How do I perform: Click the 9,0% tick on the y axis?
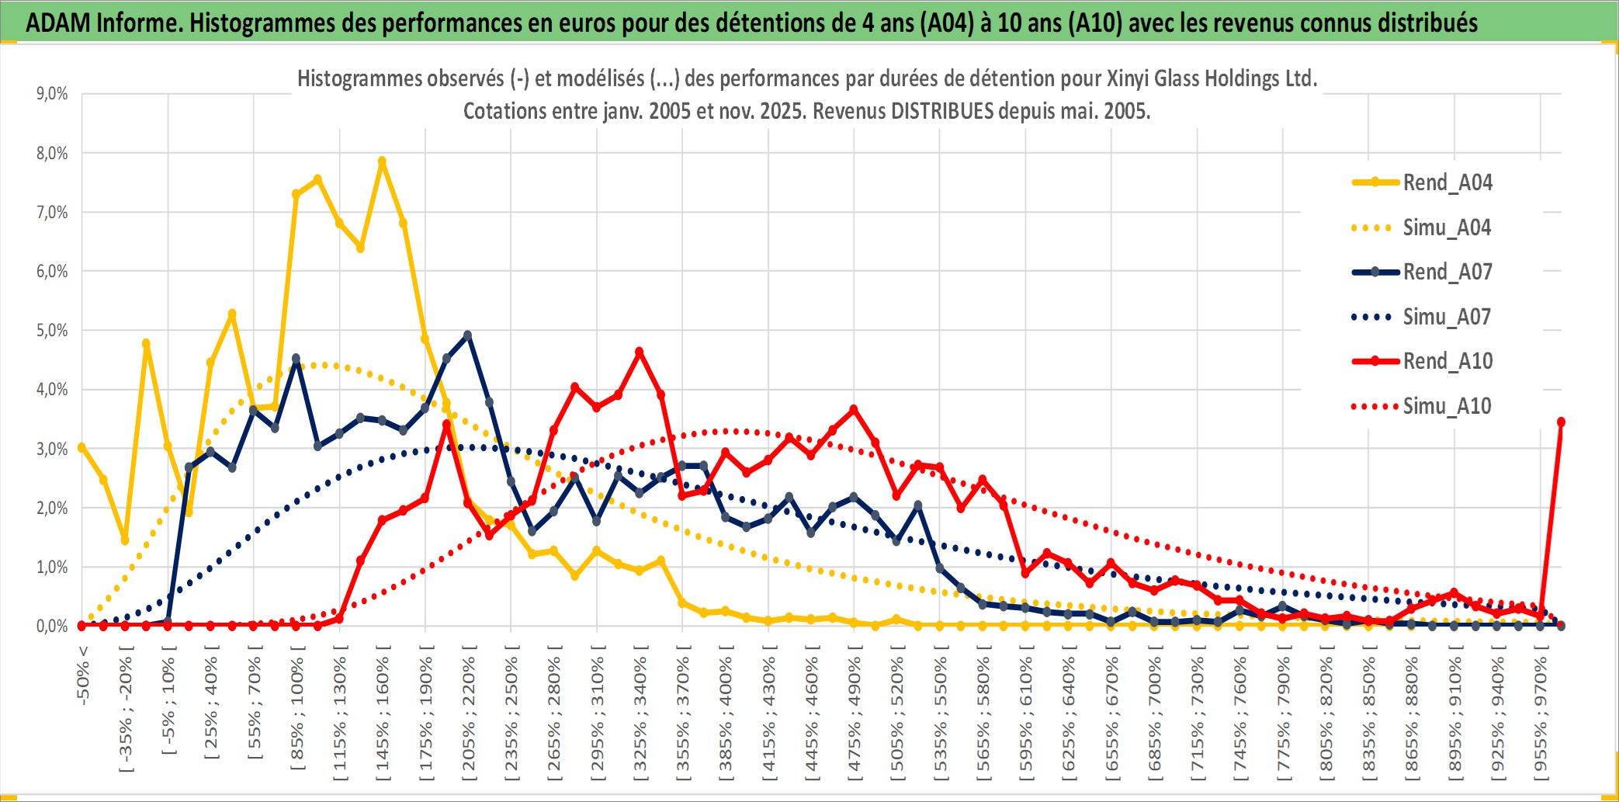52,94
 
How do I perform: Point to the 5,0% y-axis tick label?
52,331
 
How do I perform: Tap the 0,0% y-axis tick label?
52,627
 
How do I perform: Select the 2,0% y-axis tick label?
52,509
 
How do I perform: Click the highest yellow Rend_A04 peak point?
382,161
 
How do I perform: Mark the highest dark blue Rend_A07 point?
467,335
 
